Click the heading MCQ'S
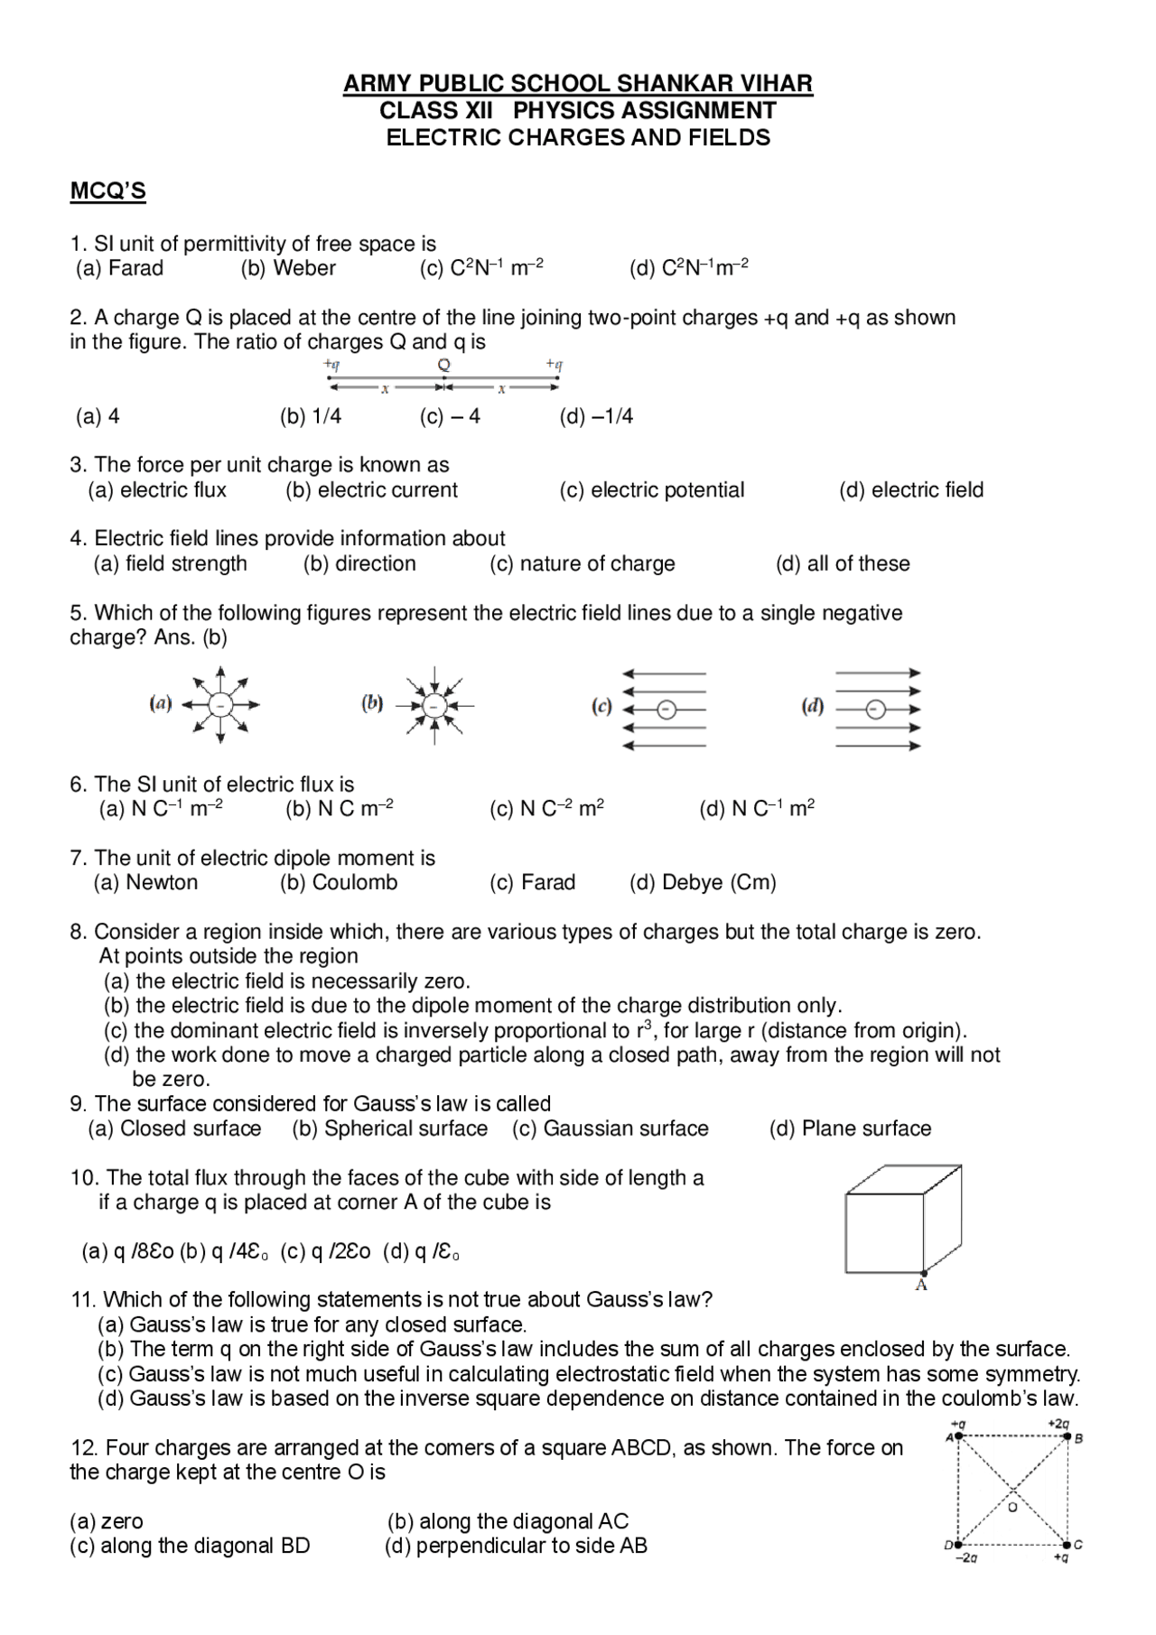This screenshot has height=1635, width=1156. click(107, 191)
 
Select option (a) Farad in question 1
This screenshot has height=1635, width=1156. click(119, 268)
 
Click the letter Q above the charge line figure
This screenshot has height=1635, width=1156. click(443, 365)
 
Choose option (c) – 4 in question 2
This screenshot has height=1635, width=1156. click(450, 416)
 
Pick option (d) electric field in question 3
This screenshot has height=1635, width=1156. click(910, 490)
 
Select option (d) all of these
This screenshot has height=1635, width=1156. click(842, 564)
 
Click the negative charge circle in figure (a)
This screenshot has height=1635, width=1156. click(221, 705)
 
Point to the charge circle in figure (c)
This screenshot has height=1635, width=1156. click(666, 710)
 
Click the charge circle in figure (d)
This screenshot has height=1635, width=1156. click(874, 710)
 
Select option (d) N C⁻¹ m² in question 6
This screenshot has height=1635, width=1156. click(756, 809)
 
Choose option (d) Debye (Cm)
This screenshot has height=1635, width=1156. click(703, 883)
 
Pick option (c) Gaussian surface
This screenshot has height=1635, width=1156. click(611, 1129)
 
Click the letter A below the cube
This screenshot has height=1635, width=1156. click(921, 1285)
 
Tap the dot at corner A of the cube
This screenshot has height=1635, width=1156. click(923, 1271)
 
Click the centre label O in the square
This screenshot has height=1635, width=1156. click(1012, 1507)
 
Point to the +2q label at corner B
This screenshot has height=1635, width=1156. click(1058, 1424)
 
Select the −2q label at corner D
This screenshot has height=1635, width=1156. click(966, 1557)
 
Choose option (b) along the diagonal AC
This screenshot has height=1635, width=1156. click(508, 1521)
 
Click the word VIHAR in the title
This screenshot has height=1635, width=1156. click(776, 84)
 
